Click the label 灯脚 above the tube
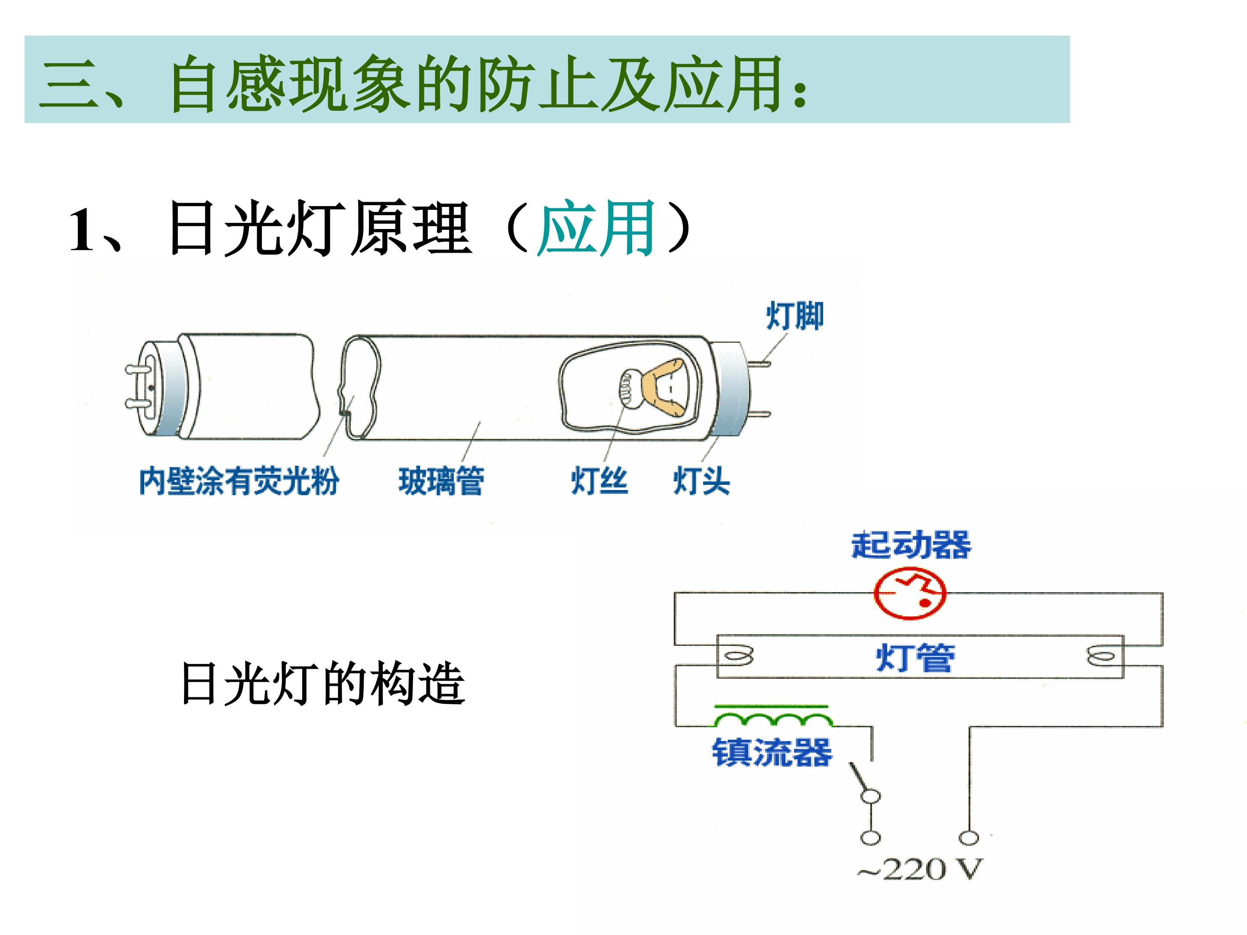coord(795,316)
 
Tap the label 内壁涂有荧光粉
coord(239,481)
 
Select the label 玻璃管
coord(441,481)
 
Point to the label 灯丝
coord(599,481)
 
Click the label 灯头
coord(701,481)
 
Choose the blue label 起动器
coord(911,545)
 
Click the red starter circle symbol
coord(910,594)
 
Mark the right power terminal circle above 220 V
coord(969,838)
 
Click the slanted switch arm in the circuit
coord(861,779)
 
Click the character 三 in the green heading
coord(69,84)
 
